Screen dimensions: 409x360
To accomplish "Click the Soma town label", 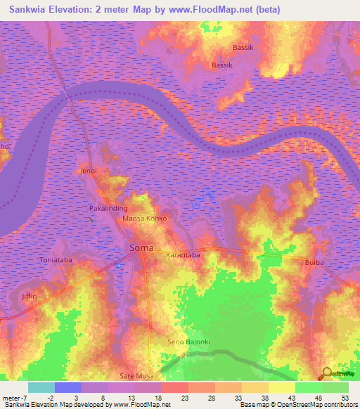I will (x=138, y=247).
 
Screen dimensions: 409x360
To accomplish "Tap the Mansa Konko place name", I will (x=145, y=219).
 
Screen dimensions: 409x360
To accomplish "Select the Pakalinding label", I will (x=107, y=209).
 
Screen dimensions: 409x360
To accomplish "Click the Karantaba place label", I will (x=183, y=256).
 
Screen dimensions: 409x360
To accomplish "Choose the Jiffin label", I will (x=29, y=296).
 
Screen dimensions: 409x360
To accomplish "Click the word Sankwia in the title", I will (x=30, y=9).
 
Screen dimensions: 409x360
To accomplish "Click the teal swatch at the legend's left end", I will (x=41, y=387).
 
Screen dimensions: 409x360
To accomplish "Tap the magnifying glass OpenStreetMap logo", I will (x=327, y=373).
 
